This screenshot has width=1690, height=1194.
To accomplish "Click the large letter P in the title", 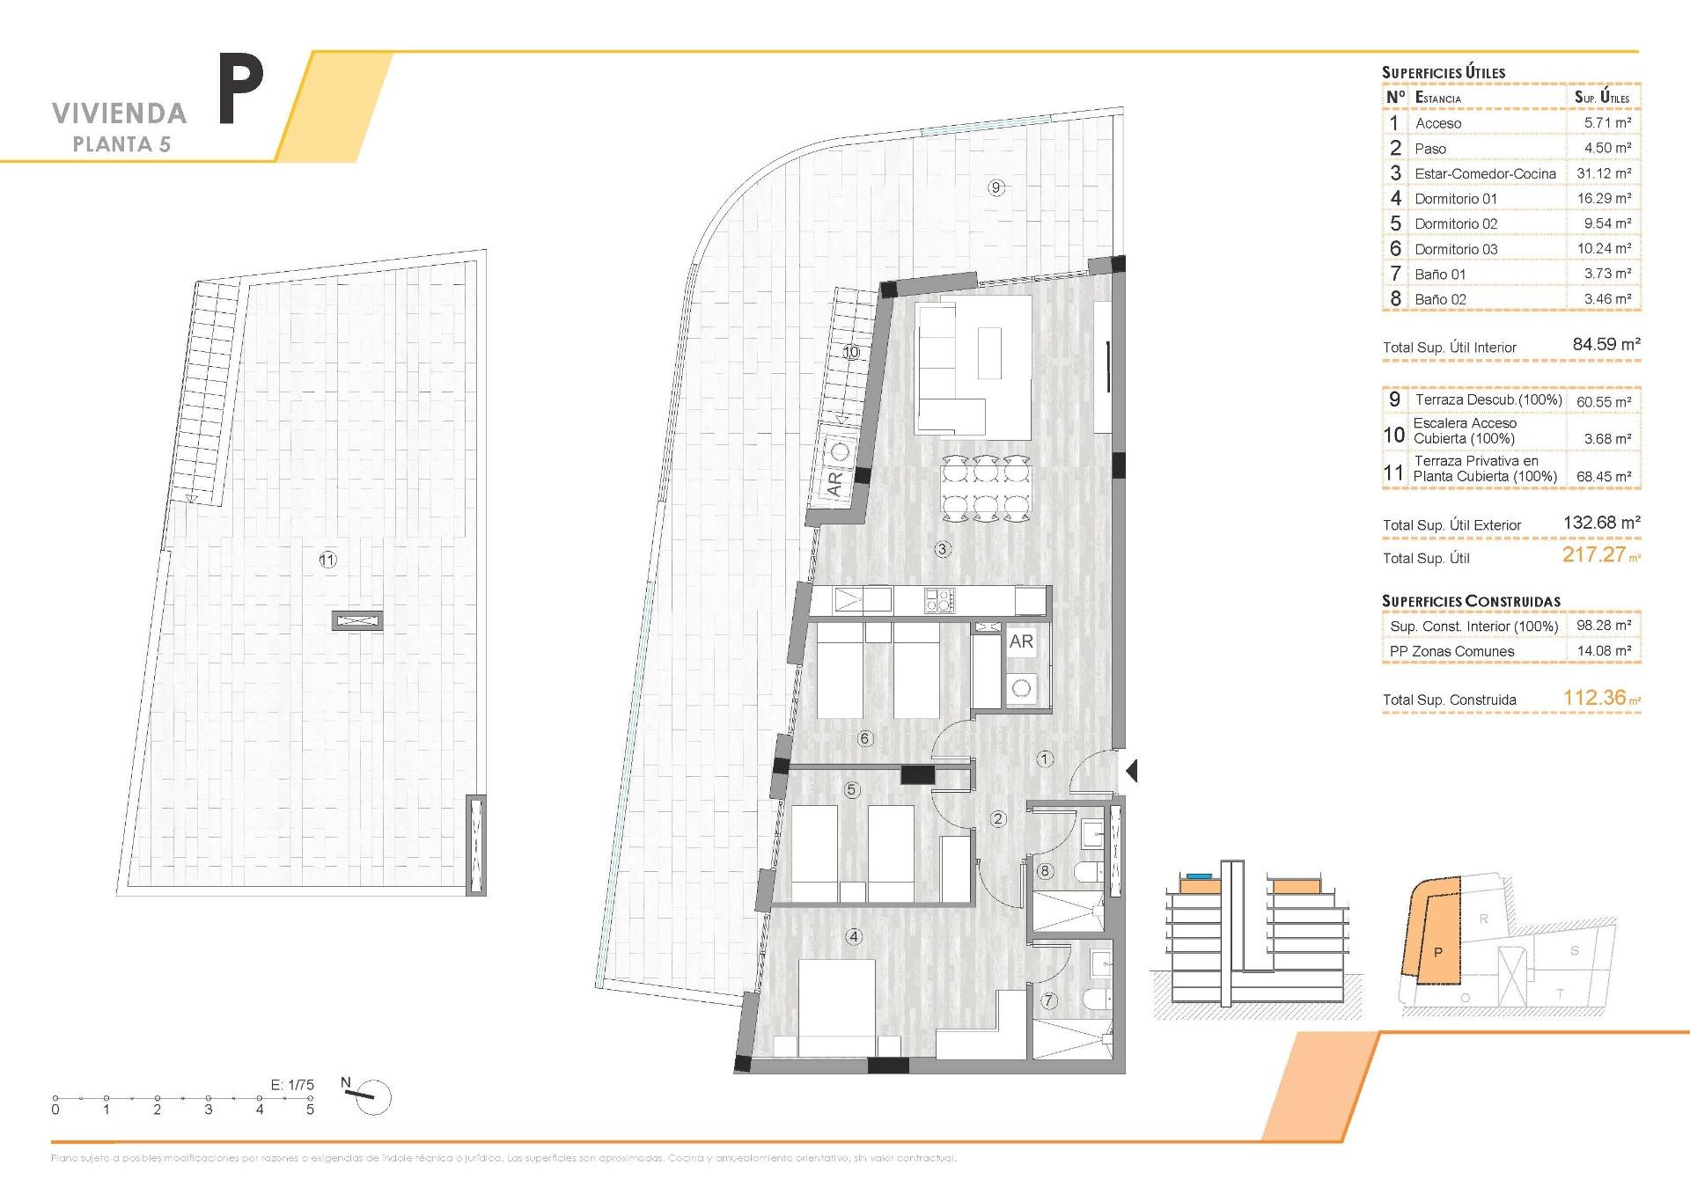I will (x=240, y=90).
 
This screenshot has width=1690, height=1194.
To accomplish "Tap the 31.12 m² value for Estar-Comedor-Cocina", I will (x=1603, y=173).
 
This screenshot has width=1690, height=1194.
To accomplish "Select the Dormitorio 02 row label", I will (x=1456, y=223).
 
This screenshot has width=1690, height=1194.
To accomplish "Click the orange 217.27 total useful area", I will (x=1593, y=554).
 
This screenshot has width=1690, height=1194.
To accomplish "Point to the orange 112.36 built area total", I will (x=1594, y=698).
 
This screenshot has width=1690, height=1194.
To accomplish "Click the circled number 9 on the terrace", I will (x=996, y=187).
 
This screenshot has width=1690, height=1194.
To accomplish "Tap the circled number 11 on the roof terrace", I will (x=327, y=560).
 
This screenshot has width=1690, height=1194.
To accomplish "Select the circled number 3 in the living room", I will (x=942, y=549).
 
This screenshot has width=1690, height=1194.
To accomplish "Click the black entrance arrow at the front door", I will (x=1131, y=771).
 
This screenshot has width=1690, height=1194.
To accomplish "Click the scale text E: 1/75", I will (x=291, y=1085).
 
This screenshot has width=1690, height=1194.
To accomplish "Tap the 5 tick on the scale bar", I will (x=310, y=1110).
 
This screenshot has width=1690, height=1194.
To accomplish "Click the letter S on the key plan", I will (x=1574, y=950).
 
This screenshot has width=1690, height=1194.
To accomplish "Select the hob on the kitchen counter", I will (x=939, y=601).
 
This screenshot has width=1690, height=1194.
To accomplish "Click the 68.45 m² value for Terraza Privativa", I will (x=1603, y=476).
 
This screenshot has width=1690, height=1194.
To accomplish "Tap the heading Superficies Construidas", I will (x=1471, y=601).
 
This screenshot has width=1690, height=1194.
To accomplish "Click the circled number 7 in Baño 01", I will (x=1048, y=1000).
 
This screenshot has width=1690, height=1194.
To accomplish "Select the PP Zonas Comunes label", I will (x=1451, y=651).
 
